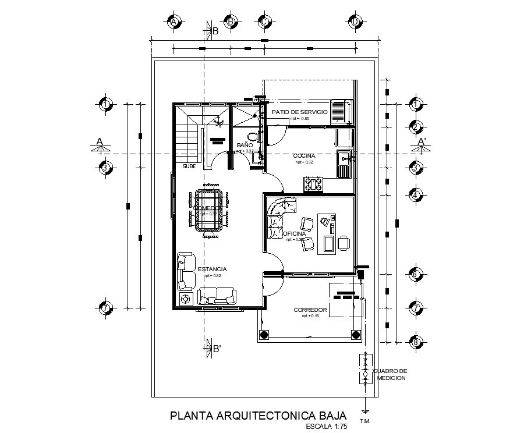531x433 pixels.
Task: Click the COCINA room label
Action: pyautogui.click(x=305, y=156)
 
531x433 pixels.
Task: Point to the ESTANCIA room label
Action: pyautogui.click(x=212, y=269)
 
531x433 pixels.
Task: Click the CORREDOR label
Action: pyautogui.click(x=310, y=310)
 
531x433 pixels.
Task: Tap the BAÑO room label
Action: pyautogui.click(x=244, y=145)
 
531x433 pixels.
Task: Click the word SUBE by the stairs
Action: pyautogui.click(x=189, y=166)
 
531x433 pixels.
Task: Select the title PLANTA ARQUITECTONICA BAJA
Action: pyautogui.click(x=258, y=416)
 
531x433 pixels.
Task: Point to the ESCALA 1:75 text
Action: pyautogui.click(x=325, y=427)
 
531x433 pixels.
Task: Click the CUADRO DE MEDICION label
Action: pyautogui.click(x=390, y=374)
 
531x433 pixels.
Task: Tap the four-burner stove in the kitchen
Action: pyautogui.click(x=313, y=184)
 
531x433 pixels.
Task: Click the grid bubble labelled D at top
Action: pyautogui.click(x=355, y=22)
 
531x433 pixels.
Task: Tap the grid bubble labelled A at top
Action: pyautogui.click(x=174, y=22)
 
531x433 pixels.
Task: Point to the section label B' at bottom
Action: pyautogui.click(x=216, y=349)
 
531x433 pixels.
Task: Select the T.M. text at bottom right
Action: pyautogui.click(x=366, y=421)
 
